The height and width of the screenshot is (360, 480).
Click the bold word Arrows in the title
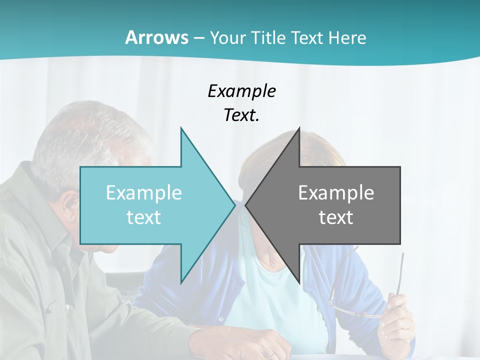pyautogui.click(x=157, y=37)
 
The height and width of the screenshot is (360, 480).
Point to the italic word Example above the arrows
pyautogui.click(x=241, y=91)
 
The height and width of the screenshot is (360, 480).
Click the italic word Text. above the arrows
pyautogui.click(x=241, y=115)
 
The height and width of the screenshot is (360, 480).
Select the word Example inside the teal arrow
pyautogui.click(x=144, y=192)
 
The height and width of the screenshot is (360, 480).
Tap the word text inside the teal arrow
pyautogui.click(x=144, y=217)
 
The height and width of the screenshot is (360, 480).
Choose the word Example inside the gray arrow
pyautogui.click(x=336, y=192)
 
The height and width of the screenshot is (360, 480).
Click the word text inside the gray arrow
pyautogui.click(x=336, y=217)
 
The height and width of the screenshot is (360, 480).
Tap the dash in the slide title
pyautogui.click(x=198, y=38)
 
